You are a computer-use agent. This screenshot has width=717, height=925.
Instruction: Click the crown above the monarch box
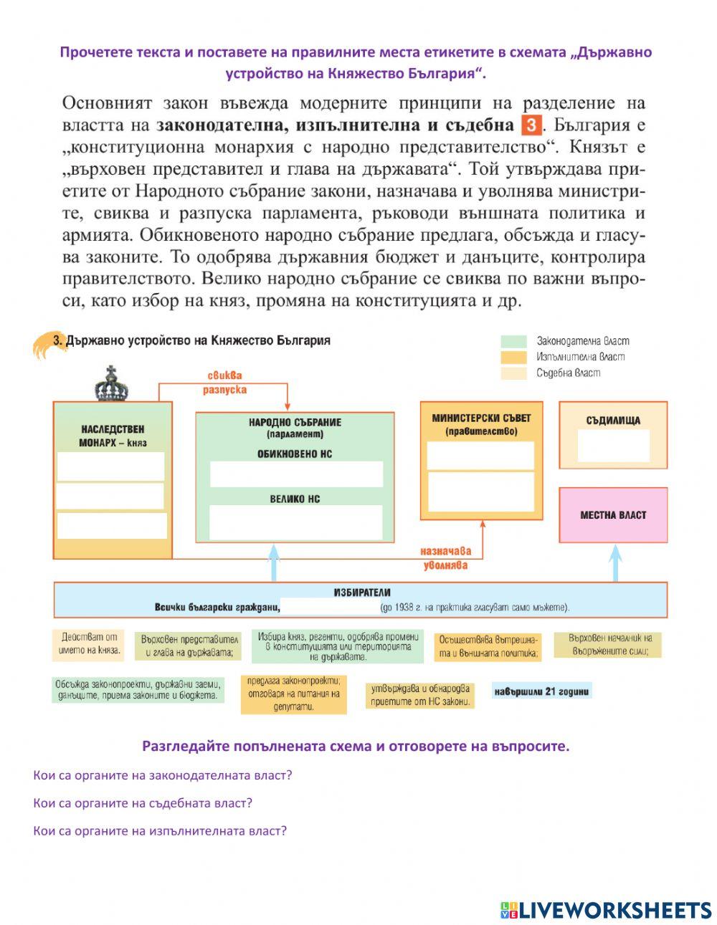[111, 384]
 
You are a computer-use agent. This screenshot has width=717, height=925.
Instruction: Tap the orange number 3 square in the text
[530, 125]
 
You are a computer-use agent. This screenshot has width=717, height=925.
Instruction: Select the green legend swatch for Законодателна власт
[513, 341]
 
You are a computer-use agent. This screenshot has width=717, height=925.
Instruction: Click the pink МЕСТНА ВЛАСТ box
[613, 515]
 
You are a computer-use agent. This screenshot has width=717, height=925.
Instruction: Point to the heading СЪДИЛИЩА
[613, 421]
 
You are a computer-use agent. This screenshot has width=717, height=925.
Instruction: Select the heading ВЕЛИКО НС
[295, 499]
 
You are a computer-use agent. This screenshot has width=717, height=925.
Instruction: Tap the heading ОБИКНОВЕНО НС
[295, 454]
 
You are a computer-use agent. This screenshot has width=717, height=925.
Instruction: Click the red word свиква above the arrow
[224, 375]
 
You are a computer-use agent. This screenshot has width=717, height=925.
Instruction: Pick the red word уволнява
[445, 565]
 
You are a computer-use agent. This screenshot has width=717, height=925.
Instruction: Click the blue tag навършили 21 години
[542, 691]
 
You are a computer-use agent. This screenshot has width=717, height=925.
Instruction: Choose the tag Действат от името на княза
[88, 646]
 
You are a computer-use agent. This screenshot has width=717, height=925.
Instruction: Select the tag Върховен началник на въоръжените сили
[610, 645]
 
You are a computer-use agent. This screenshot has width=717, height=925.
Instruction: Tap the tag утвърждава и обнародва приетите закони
[419, 695]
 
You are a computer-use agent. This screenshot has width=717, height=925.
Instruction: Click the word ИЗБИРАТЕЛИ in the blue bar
[362, 593]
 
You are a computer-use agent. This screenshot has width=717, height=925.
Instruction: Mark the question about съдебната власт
[143, 803]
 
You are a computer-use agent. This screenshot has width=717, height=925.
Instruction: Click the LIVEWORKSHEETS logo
[606, 910]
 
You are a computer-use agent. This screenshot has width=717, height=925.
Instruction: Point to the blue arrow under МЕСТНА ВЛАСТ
[615, 562]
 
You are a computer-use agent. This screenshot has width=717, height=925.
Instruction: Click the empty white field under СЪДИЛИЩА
[613, 446]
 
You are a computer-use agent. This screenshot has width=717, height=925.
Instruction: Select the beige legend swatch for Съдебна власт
[513, 373]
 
